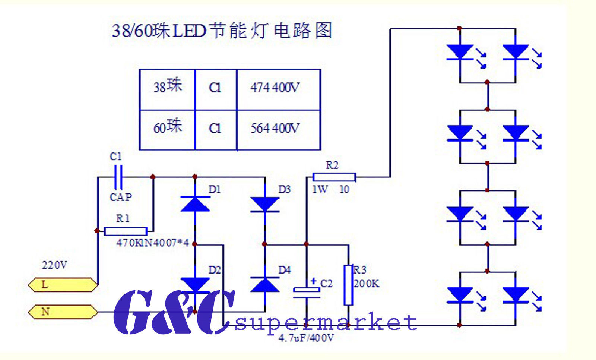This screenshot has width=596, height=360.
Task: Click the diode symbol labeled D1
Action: [195, 204]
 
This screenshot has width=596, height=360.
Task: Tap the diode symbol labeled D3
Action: [265, 204]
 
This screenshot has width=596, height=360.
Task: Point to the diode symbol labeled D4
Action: [265, 285]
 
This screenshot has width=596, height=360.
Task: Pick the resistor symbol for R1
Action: [126, 231]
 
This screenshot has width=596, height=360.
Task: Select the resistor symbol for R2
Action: [334, 177]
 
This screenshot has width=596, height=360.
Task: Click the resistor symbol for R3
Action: [348, 285]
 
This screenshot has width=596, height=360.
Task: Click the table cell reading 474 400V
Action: [275, 88]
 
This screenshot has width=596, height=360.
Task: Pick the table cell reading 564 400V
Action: [275, 129]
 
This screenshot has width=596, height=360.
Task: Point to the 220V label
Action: [54, 265]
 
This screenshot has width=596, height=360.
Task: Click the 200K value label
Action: [367, 284]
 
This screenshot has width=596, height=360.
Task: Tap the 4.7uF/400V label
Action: [306, 338]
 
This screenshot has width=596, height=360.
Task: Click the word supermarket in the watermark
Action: [326, 323]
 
